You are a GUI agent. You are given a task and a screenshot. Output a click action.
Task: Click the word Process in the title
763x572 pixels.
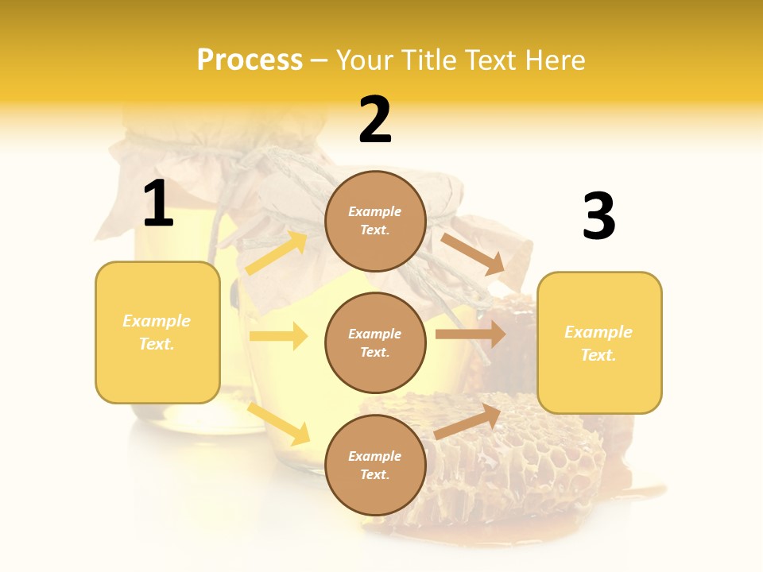(250, 60)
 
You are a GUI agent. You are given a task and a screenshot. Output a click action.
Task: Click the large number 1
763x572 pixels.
(158, 204)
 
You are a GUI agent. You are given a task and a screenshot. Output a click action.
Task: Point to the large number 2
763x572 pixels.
(375, 121)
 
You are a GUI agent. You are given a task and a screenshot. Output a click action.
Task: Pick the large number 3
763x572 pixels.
(598, 217)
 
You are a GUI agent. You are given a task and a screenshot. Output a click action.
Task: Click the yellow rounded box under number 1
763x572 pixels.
(157, 332)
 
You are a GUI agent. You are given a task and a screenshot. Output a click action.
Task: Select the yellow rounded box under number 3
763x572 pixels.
(599, 343)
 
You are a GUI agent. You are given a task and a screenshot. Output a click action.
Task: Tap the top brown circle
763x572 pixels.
(375, 221)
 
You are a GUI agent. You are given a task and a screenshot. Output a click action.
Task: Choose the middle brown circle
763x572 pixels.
(375, 343)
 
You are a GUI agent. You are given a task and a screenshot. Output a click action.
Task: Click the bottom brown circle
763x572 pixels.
(375, 466)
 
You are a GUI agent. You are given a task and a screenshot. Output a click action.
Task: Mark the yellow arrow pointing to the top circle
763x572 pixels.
(277, 253)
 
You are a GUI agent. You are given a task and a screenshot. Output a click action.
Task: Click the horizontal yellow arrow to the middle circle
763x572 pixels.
(278, 336)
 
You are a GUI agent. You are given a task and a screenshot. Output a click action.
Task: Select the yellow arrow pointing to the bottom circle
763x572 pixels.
(278, 423)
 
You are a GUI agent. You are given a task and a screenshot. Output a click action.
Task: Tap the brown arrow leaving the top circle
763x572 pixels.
(472, 253)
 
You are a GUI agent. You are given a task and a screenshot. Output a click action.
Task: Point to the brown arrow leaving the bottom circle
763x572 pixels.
(467, 421)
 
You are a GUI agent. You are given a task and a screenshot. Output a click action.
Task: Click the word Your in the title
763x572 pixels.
(365, 60)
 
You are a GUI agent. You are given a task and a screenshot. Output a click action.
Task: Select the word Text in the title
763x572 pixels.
(490, 60)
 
